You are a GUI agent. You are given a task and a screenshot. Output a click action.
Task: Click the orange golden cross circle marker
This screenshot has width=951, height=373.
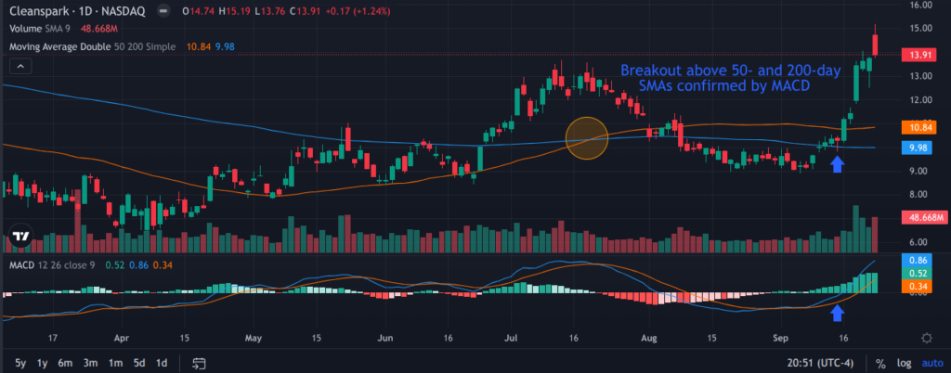pyautogui.click(x=587, y=137)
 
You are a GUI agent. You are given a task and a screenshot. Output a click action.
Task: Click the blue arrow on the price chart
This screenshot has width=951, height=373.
pyautogui.click(x=837, y=164)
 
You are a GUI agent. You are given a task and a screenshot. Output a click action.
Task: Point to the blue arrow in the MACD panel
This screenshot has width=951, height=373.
pyautogui.click(x=837, y=312)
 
